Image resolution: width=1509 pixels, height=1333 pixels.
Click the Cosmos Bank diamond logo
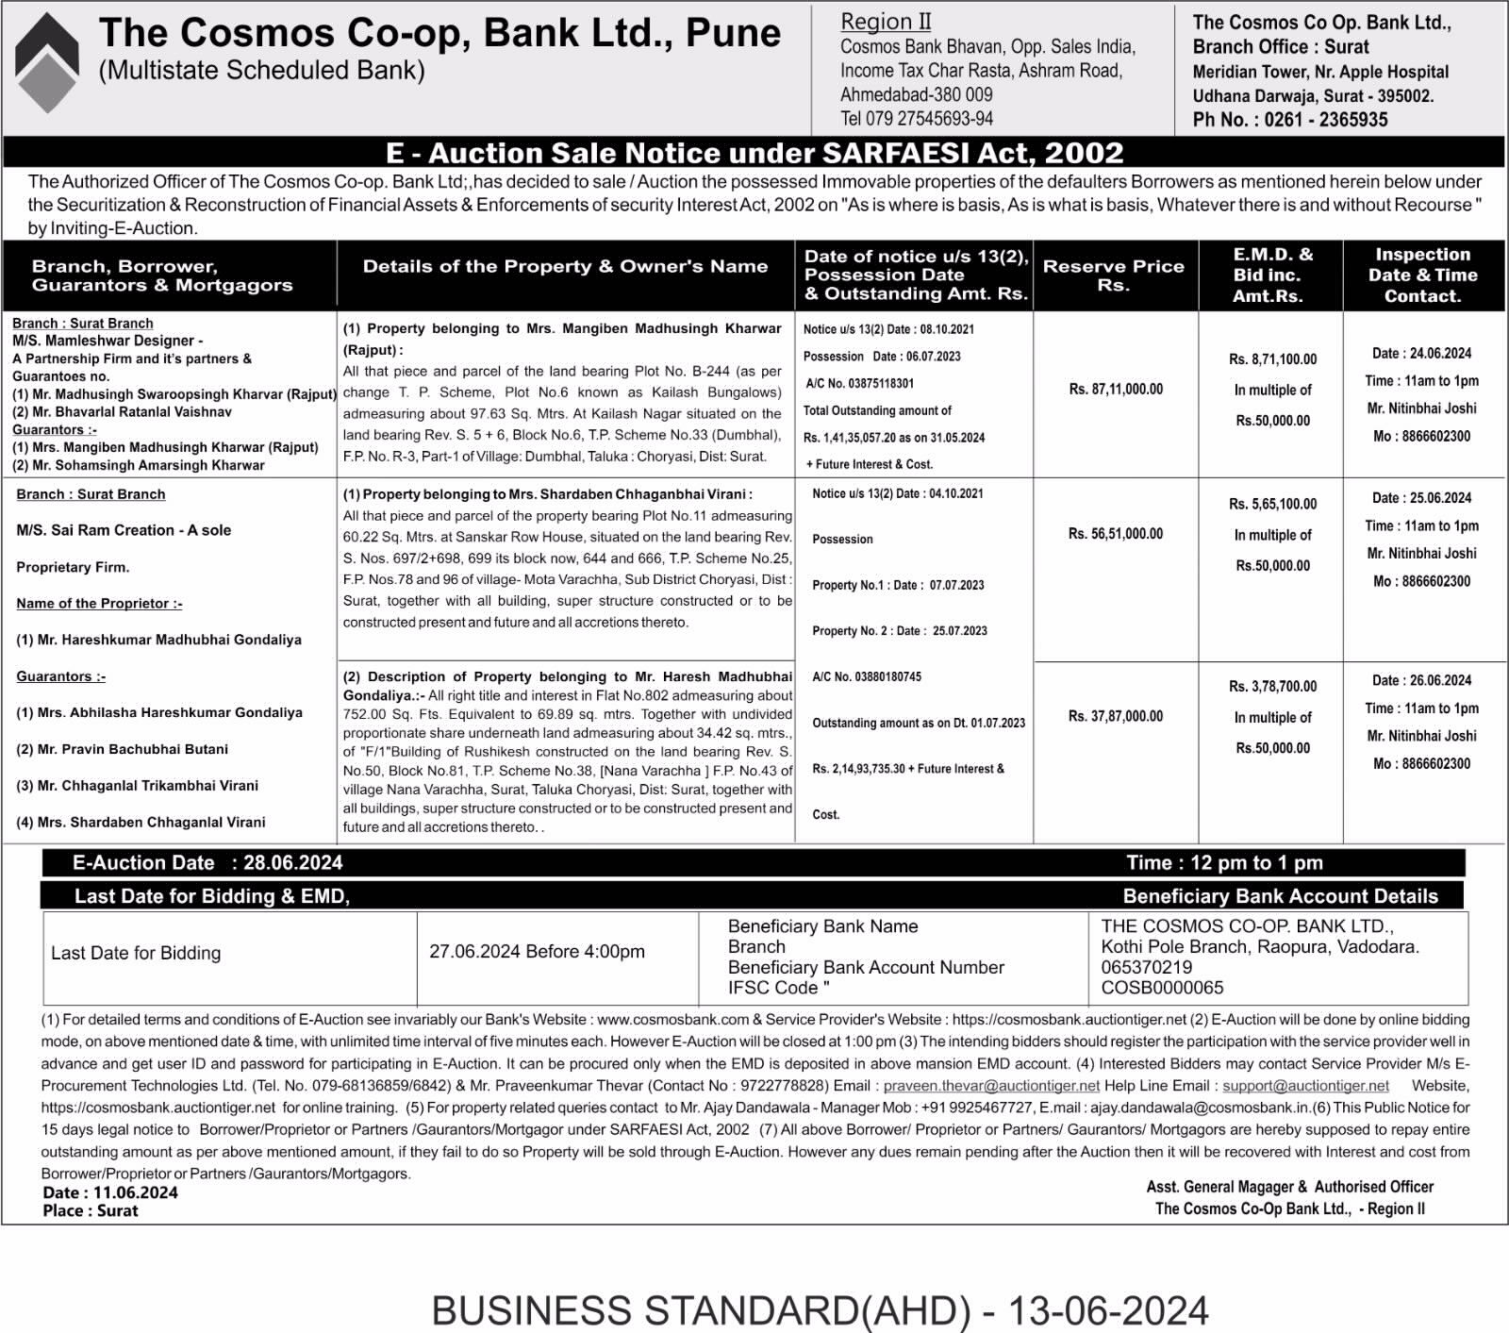click(47, 62)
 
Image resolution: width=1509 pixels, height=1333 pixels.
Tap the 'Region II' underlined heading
click(886, 22)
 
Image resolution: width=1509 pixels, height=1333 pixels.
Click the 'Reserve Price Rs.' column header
click(1113, 275)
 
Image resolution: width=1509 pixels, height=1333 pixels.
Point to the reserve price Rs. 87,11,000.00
click(1116, 389)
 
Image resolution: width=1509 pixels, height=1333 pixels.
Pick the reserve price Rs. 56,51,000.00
click(1115, 534)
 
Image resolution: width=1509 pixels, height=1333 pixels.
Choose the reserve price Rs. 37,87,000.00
click(1115, 716)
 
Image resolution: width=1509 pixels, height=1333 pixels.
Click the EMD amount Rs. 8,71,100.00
click(1272, 359)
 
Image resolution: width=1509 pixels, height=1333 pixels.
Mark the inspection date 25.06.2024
click(1440, 498)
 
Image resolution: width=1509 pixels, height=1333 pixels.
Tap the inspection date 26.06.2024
click(1440, 680)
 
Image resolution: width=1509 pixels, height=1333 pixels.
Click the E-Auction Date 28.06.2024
click(292, 863)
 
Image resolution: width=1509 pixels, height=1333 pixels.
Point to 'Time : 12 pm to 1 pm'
click(1224, 863)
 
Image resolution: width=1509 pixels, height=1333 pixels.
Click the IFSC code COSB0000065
click(1162, 988)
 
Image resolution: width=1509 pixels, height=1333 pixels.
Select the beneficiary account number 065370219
click(1146, 967)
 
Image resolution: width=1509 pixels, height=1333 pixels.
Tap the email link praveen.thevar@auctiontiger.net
click(991, 1086)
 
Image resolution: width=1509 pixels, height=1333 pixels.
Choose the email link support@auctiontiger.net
click(1305, 1086)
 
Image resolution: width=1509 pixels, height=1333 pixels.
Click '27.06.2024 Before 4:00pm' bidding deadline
click(537, 952)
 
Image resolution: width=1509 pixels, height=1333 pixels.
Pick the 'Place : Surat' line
click(91, 1210)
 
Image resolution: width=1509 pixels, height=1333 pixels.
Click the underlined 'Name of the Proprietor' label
click(99, 604)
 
